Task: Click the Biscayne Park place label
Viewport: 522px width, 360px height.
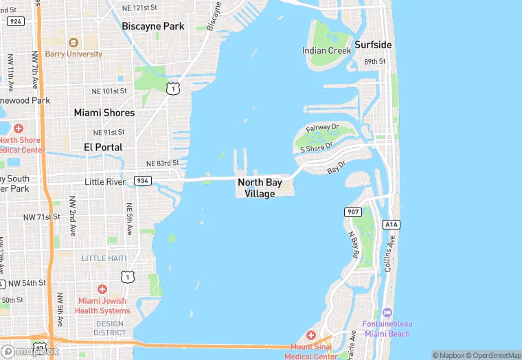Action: [153, 26]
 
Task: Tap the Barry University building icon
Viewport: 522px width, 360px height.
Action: [73, 42]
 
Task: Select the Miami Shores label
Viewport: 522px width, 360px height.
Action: [104, 113]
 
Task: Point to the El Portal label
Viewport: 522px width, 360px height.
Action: [103, 147]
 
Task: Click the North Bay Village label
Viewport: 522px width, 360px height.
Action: [260, 188]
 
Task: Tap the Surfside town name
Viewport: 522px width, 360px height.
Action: [373, 45]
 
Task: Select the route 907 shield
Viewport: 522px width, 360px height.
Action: [353, 212]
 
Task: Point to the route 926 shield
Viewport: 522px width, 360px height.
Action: [14, 21]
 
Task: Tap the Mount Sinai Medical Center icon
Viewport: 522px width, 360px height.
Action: [311, 335]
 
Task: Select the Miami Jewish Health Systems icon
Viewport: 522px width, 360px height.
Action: [102, 289]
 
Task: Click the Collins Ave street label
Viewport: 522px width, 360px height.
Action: [390, 253]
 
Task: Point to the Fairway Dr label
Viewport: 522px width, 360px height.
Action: [322, 128]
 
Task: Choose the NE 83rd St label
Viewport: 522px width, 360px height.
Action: [162, 164]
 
